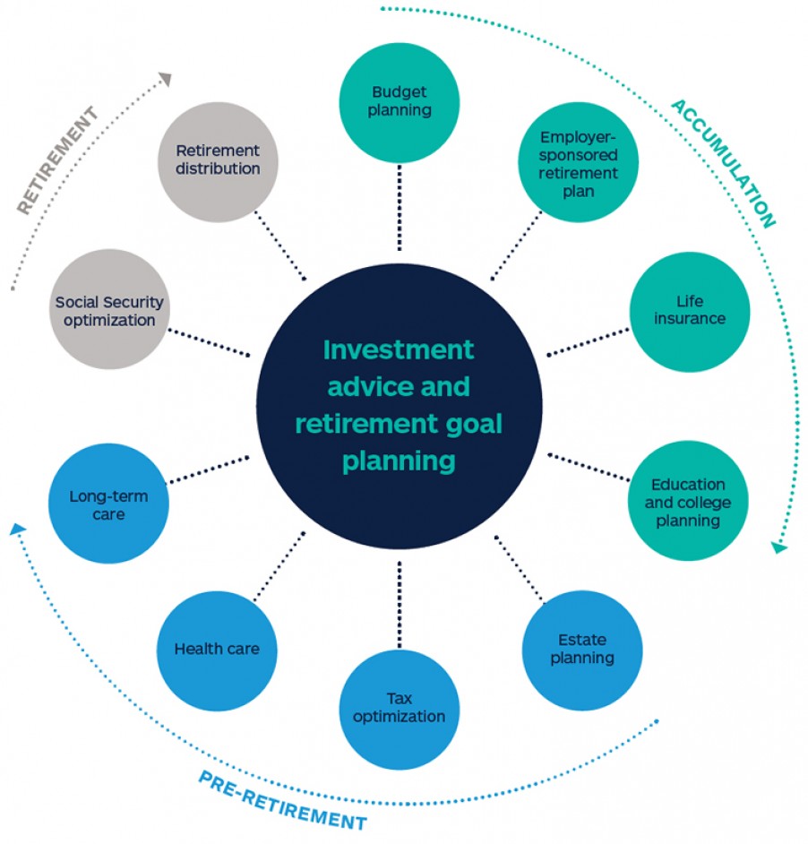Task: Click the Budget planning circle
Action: tap(400, 101)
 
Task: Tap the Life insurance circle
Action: tap(689, 311)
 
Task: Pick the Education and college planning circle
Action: tap(688, 502)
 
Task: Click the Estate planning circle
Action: tap(582, 650)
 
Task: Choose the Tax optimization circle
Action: tap(400, 708)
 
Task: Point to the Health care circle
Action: tap(217, 650)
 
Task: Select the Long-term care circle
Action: tap(108, 504)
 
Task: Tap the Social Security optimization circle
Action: tap(109, 311)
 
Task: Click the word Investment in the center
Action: tap(399, 349)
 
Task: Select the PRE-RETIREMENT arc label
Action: tap(282, 800)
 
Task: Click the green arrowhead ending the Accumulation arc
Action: tap(778, 545)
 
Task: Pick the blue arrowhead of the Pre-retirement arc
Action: tap(17, 530)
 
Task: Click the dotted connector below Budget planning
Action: tap(400, 206)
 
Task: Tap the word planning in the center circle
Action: tap(399, 461)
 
